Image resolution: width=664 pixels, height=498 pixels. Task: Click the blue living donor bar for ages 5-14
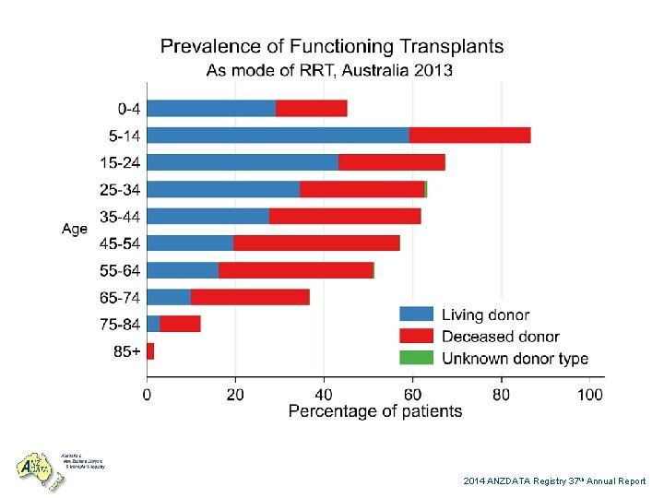click(278, 136)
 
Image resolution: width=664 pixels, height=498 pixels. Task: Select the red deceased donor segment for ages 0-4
click(311, 109)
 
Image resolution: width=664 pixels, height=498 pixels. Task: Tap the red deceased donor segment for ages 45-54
click(316, 243)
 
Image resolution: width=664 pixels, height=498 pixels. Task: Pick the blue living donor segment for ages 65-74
click(169, 297)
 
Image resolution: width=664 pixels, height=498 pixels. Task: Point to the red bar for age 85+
click(150, 351)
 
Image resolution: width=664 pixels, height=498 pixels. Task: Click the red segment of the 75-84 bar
click(180, 324)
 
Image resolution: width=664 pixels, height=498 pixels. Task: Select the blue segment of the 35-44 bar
click(207, 217)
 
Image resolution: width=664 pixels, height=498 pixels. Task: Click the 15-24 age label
click(120, 163)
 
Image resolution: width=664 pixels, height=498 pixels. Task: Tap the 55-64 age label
click(120, 271)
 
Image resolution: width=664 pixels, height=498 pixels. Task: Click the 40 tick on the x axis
click(324, 394)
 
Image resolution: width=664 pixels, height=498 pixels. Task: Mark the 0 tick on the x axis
click(148, 394)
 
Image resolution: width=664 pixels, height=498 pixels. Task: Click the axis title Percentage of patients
click(375, 411)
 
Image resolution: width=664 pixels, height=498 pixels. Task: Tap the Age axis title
click(75, 229)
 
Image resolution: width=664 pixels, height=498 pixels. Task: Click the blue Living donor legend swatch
click(416, 314)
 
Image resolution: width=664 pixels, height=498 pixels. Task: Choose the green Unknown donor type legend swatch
click(416, 358)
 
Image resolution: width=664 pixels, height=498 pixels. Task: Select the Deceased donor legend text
click(500, 337)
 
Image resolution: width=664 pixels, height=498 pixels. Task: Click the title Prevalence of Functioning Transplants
click(332, 46)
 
